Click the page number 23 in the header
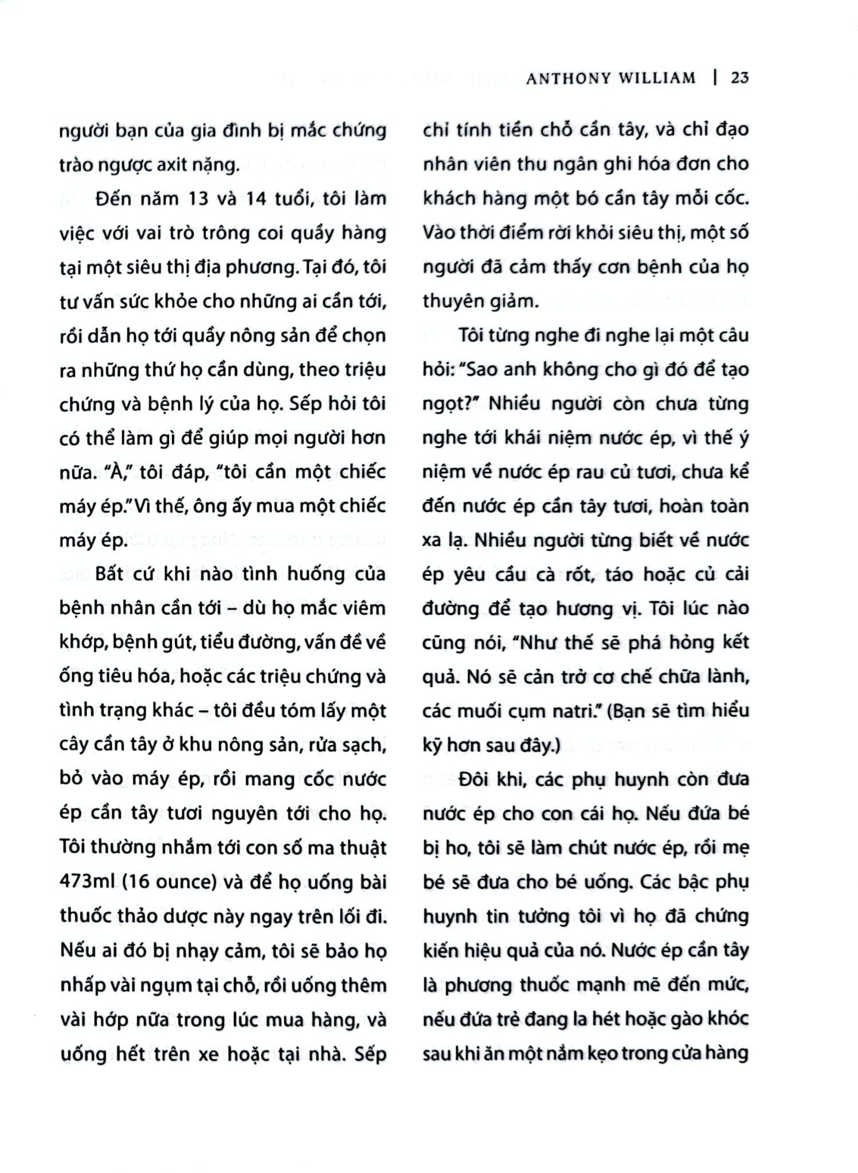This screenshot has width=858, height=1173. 739,78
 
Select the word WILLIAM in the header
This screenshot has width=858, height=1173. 656,78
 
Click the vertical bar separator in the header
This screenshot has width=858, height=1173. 715,78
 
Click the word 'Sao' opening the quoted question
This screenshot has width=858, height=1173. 483,370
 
